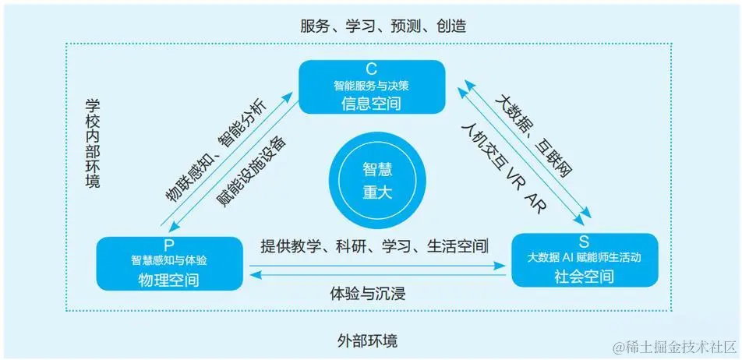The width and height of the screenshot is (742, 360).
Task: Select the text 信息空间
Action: pos(371,102)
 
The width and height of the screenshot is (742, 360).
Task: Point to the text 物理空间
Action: pos(168,278)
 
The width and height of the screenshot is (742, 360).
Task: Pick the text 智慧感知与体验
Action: pos(168,259)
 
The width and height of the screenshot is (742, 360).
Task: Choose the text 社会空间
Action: pos(585,276)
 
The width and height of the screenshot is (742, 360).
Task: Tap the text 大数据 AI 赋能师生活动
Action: pos(585,256)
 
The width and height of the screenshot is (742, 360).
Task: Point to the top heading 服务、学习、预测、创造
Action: pos(383,26)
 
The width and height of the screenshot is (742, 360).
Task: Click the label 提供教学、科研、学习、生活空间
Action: pos(375,247)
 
